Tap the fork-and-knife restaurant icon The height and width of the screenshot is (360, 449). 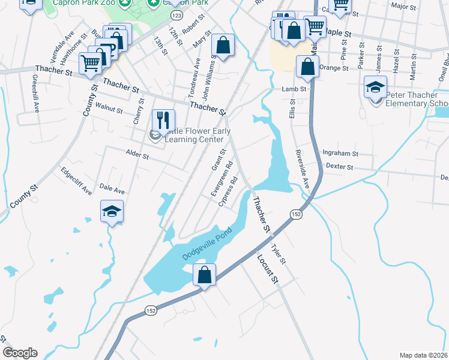pos(163,120)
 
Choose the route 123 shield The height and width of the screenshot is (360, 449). pos(176,14)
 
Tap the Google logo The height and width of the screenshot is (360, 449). pos(20,353)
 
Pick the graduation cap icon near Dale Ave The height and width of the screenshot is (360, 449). pos(112,212)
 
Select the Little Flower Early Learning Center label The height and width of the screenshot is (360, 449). pos(192,136)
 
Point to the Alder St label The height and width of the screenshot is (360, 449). pos(137,155)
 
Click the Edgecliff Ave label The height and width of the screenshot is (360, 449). pos(76,181)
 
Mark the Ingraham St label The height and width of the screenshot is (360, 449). pos(340,154)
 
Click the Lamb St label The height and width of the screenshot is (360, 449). pos(294,89)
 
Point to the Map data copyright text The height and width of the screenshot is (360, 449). pos(423,355)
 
